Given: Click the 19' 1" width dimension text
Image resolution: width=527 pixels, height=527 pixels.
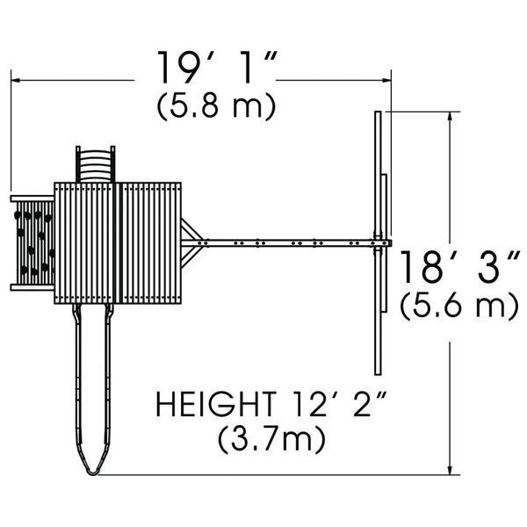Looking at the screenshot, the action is click(x=218, y=68).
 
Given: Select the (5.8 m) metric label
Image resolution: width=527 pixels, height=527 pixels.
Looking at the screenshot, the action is click(x=216, y=105).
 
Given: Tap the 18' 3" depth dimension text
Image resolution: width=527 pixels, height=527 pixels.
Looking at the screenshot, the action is click(x=460, y=266).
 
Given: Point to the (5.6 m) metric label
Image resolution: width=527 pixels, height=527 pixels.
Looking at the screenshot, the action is click(x=459, y=305).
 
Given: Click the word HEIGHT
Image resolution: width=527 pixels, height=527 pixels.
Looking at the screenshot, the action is click(x=216, y=404).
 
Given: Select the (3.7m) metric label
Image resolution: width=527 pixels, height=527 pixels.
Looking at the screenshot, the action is click(x=272, y=439).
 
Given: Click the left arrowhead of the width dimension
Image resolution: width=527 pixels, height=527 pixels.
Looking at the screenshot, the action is click(x=16, y=80).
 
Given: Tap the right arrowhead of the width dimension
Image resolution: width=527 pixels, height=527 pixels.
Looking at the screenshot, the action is click(x=386, y=80).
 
